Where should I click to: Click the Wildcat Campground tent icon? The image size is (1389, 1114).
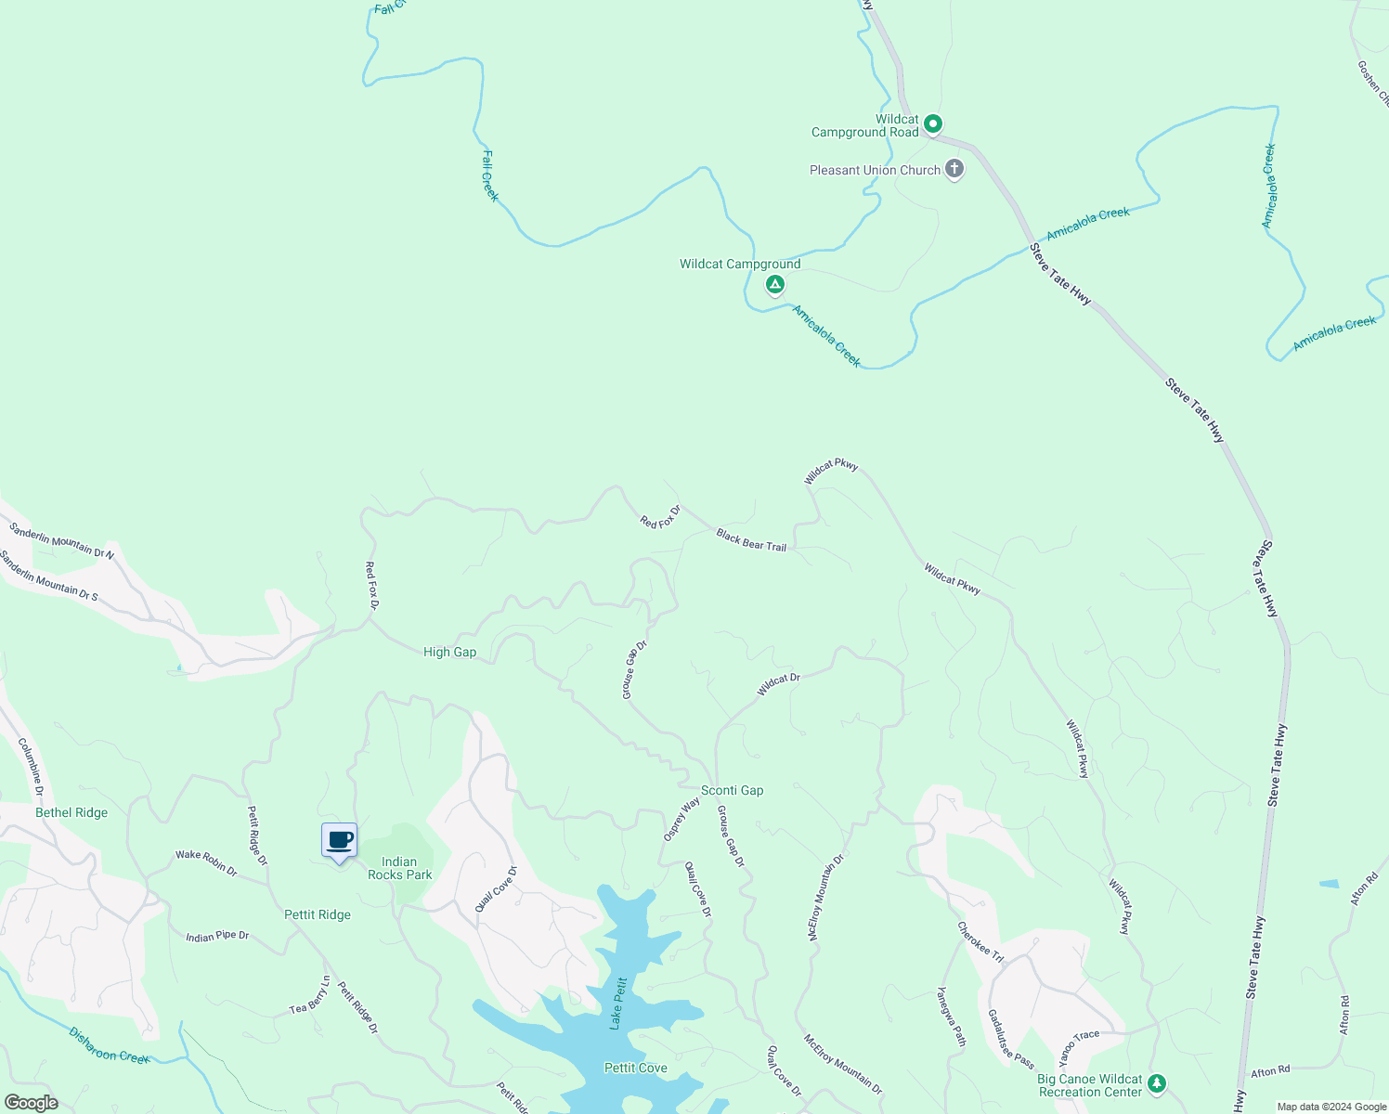[x=774, y=284]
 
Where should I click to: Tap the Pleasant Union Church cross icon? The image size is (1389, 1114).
[x=954, y=169]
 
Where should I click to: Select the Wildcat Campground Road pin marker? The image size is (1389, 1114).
[x=933, y=123]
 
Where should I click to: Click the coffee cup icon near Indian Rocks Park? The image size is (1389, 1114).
[x=340, y=841]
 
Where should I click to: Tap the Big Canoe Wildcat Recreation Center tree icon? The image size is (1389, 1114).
[x=1156, y=1082]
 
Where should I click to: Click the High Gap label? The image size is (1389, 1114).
[x=449, y=653]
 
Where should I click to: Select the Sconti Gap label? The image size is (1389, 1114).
[x=732, y=791]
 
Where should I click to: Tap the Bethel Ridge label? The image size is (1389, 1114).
[x=71, y=813]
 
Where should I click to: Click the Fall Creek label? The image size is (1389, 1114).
[x=490, y=175]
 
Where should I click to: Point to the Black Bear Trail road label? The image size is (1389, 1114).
[x=751, y=540]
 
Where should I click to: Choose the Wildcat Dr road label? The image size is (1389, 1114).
[x=778, y=684]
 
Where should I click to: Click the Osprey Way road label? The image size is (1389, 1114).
[x=682, y=820]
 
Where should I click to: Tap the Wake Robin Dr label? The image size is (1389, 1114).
[x=206, y=862]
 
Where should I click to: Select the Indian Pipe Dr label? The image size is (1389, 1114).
[x=217, y=937]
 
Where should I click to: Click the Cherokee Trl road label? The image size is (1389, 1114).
[x=980, y=942]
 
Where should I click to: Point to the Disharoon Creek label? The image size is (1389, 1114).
[x=109, y=1044]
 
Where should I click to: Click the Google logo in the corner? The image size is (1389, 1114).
[x=31, y=1103]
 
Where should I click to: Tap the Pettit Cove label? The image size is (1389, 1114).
[x=635, y=1069]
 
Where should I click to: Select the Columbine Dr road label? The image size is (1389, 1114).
[x=31, y=767]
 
